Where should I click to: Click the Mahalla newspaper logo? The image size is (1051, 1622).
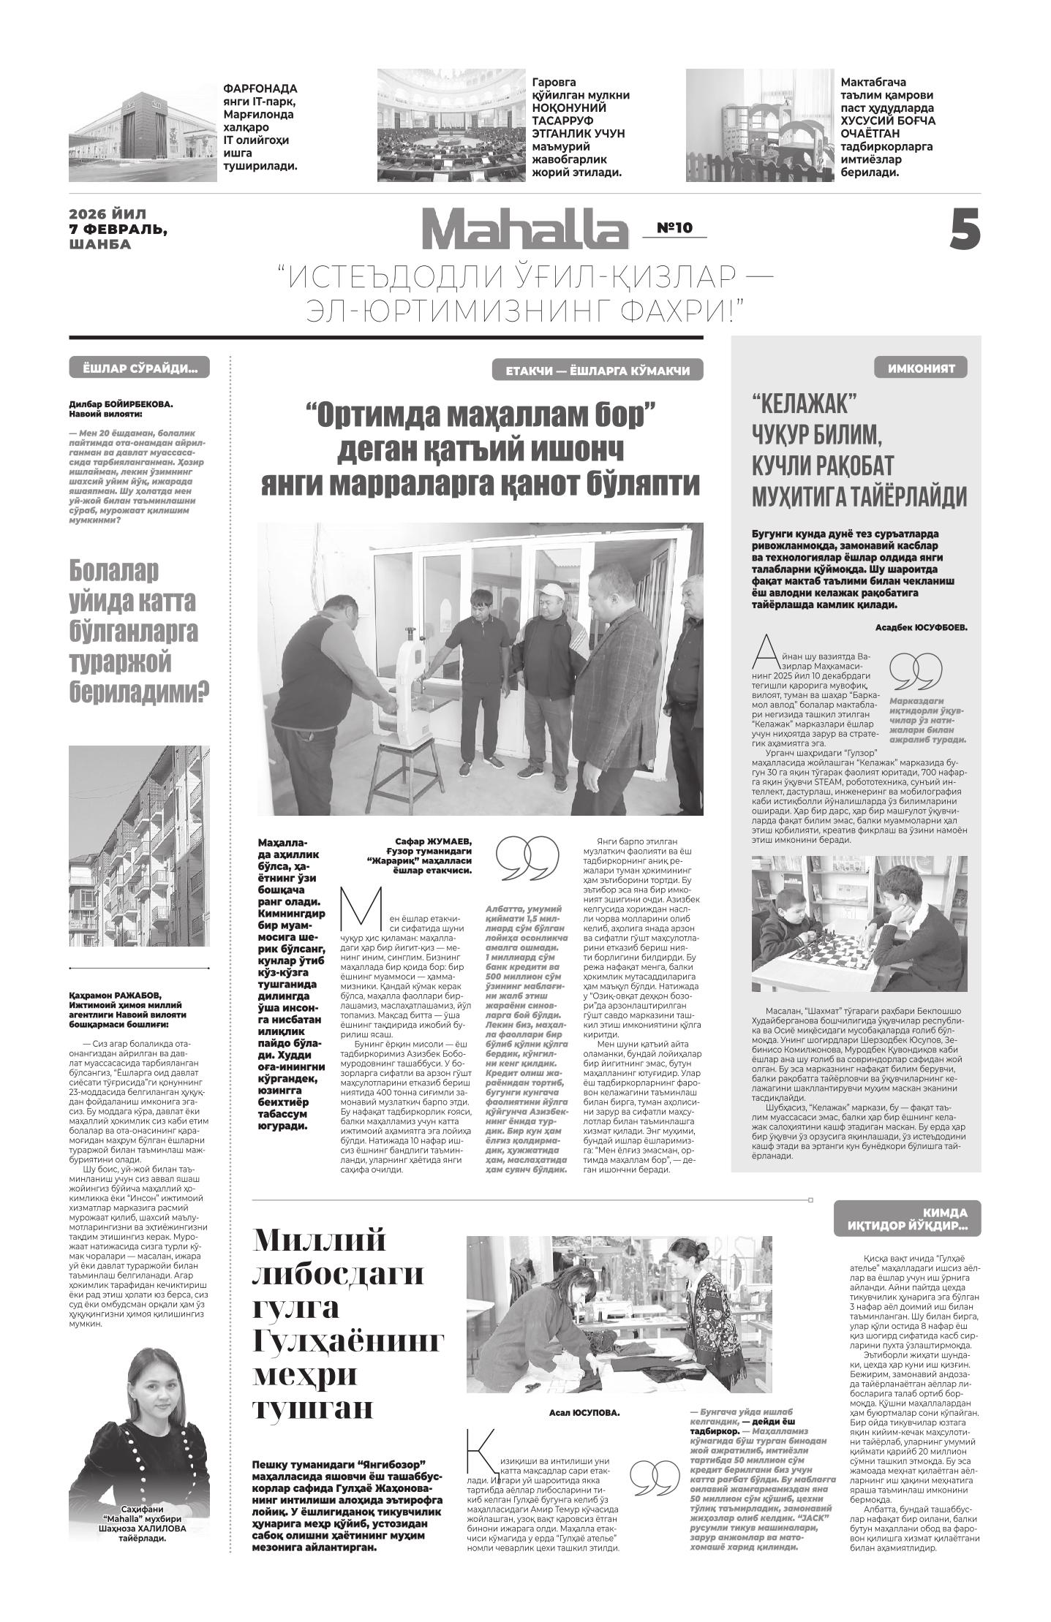tap(524, 230)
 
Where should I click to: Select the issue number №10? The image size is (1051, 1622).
tap(674, 228)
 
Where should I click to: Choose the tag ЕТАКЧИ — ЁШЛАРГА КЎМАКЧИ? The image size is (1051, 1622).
tap(597, 371)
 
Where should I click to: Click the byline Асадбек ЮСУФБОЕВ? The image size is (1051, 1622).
tap(920, 626)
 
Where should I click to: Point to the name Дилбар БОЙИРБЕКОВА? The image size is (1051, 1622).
tap(121, 403)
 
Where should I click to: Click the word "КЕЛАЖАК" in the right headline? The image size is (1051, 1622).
tap(805, 403)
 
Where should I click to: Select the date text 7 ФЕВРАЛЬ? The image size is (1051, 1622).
tap(118, 229)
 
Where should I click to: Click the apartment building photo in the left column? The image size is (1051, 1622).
tap(139, 846)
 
